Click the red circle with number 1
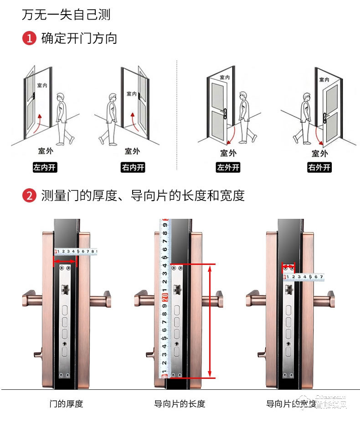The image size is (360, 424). click(29, 38)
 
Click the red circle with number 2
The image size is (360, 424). click(29, 196)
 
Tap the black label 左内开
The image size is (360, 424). click(45, 167)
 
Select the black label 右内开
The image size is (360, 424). click(133, 167)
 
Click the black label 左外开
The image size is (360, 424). click(228, 167)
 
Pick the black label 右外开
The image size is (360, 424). click(319, 167)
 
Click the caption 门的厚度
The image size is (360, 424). click(66, 403)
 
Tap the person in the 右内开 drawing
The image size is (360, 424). click(109, 119)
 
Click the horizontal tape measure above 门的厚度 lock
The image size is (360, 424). click(76, 251)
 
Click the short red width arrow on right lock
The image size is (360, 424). click(288, 266)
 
